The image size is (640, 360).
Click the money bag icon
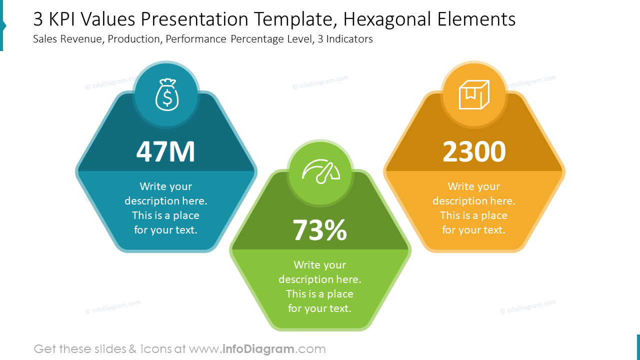(167, 94)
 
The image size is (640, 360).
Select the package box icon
(474, 94)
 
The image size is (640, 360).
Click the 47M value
(165, 151)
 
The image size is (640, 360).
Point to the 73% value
(320, 230)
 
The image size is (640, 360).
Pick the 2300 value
(474, 151)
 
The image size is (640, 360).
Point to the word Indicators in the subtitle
(349, 39)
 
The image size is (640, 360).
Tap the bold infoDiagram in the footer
(258, 349)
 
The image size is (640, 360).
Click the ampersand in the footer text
(132, 349)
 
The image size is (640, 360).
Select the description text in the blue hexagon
(165, 208)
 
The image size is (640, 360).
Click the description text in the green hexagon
(320, 286)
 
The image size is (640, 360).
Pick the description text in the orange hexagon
(474, 208)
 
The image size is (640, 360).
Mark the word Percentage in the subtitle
(257, 39)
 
